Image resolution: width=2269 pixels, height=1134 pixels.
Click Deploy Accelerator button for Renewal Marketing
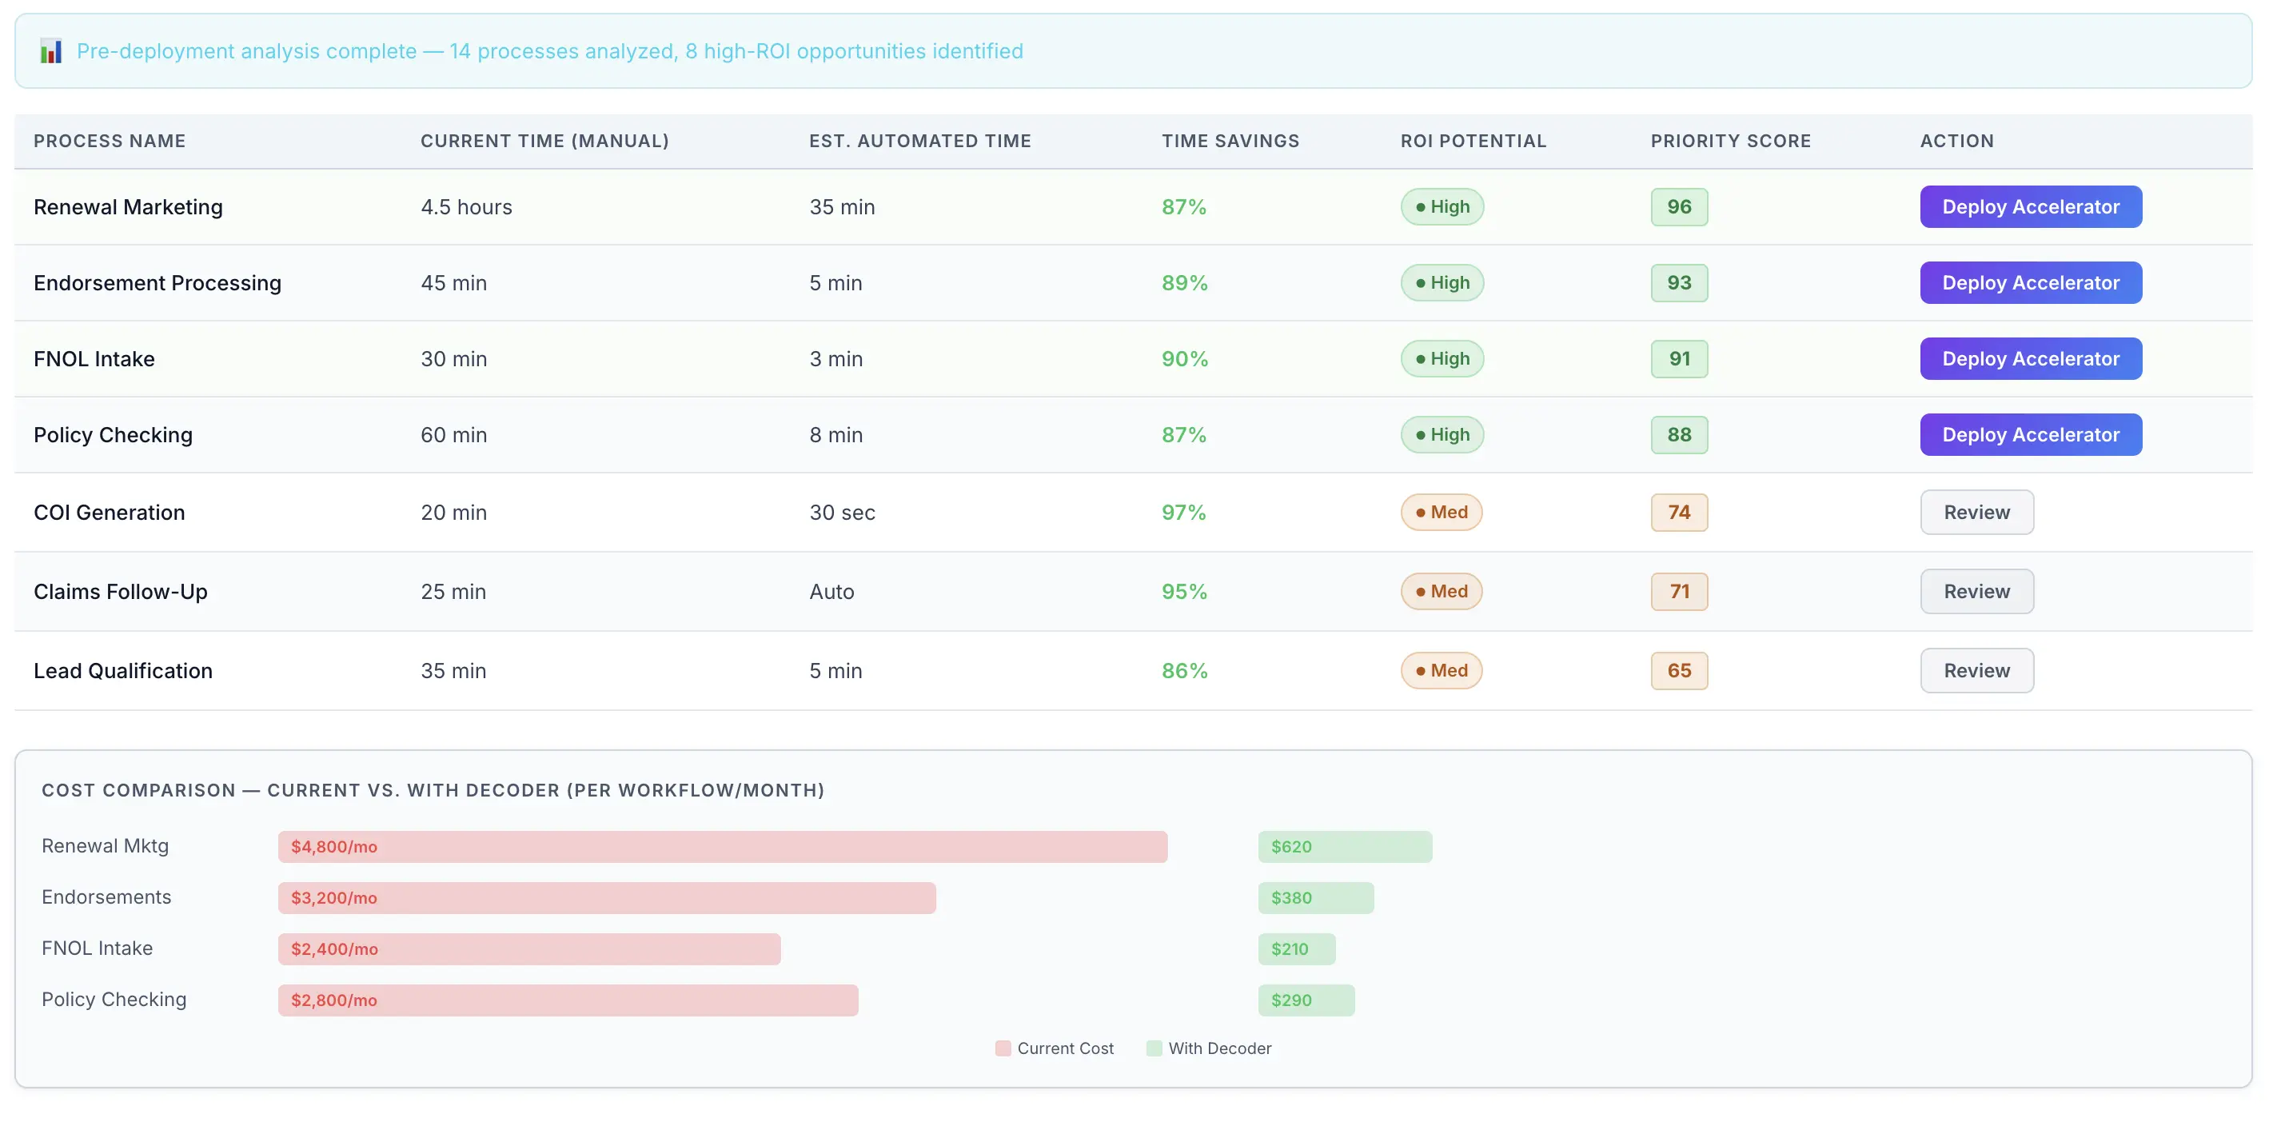[x=2029, y=207]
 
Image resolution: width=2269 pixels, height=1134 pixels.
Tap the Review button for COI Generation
[x=1976, y=512]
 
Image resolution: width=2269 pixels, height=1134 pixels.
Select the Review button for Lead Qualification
[x=1976, y=670]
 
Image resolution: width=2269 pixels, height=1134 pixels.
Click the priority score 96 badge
[x=1678, y=207]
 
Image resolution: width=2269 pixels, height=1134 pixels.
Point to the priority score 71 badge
[x=1678, y=591]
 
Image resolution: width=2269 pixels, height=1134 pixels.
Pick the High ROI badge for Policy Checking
[x=1441, y=434]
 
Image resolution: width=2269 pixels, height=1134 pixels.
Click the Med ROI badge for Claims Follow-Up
[x=1441, y=591]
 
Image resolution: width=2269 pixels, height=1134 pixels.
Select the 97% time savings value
[x=1183, y=512]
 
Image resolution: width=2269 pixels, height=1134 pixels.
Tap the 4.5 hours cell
[x=466, y=207]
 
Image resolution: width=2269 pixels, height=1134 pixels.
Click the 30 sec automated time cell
[x=841, y=512]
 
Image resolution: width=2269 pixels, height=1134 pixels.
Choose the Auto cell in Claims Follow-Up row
[x=831, y=591]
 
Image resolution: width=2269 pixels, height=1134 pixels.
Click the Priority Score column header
[x=1730, y=141]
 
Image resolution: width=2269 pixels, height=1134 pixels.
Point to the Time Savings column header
[x=1230, y=141]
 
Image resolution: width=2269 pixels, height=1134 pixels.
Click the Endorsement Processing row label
[x=158, y=283]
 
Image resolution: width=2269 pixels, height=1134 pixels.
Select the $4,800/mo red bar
[x=722, y=847]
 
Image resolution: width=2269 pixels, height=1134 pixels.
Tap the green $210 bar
[x=1296, y=949]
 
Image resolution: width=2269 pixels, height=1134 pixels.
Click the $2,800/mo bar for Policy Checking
[x=568, y=1000]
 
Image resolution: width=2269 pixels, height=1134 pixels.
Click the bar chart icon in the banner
[x=51, y=51]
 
